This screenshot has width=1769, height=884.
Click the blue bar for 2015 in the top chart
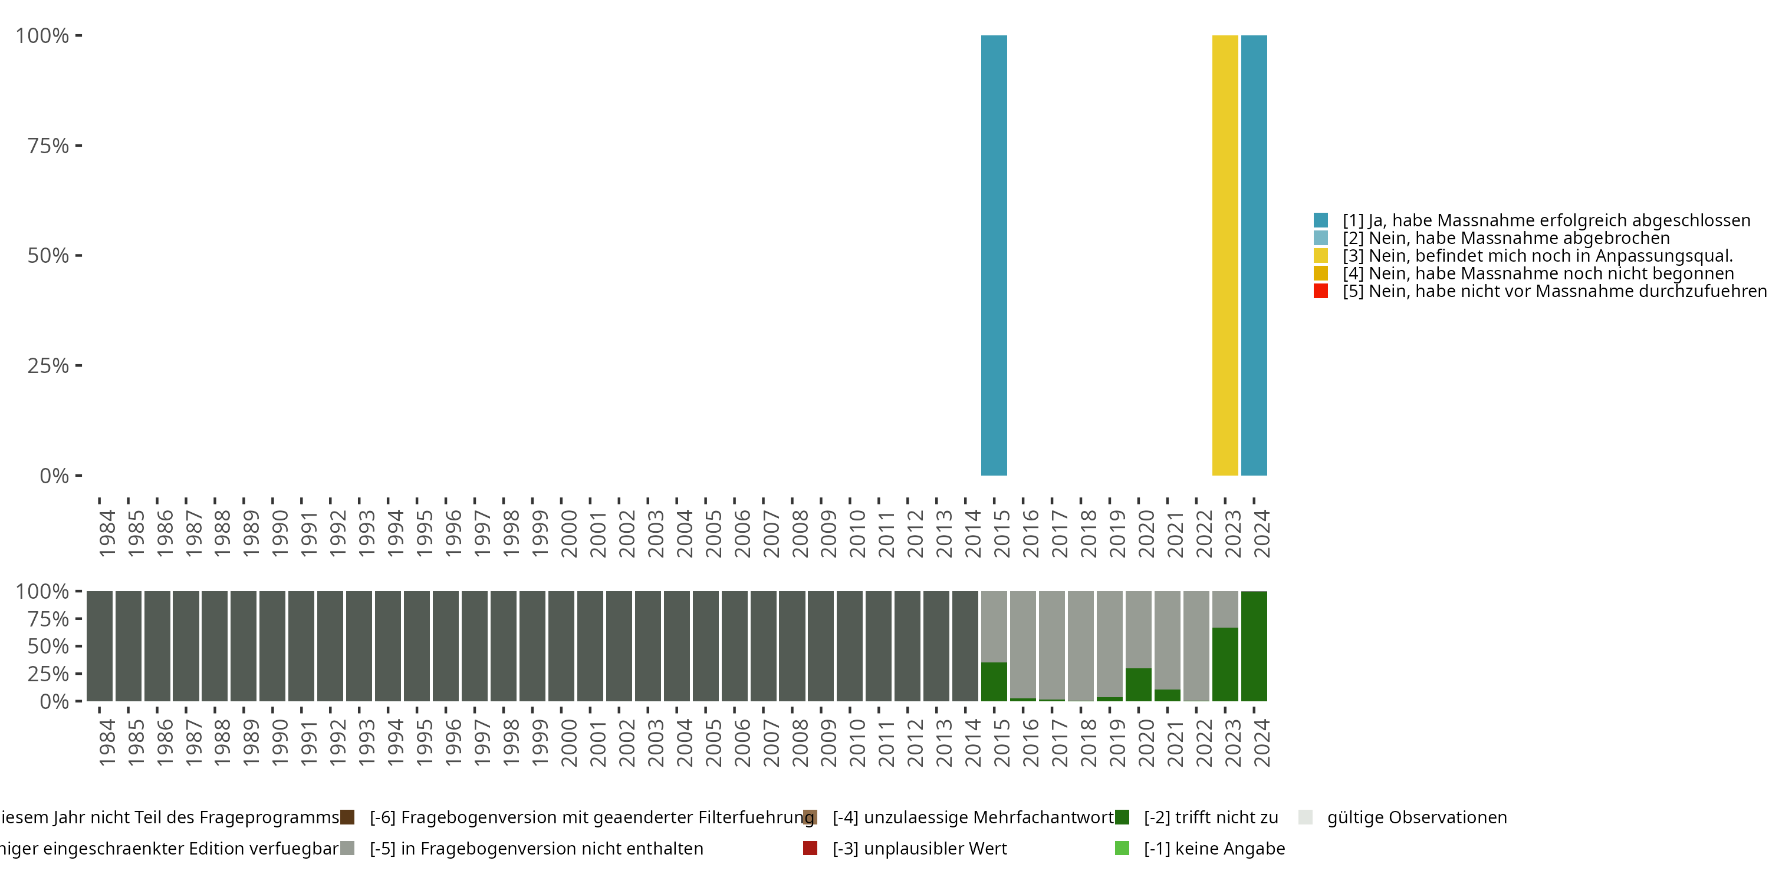coord(994,255)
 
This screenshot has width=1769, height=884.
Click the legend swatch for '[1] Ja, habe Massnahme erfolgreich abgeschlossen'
coord(1321,220)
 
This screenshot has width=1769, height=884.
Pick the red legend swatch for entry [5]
coord(1321,291)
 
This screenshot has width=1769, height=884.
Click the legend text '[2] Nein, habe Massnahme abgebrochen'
coord(1505,238)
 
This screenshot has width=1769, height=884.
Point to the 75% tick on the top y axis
coord(78,146)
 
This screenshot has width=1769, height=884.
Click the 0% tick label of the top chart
coord(54,476)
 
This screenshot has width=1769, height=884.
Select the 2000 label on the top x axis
coord(569,533)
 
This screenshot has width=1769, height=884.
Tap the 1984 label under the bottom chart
coord(107,743)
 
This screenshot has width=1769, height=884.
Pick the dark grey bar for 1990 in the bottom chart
coord(272,646)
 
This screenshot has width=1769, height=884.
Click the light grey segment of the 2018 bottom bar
coord(1080,645)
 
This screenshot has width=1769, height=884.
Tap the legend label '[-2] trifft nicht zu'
coord(1211,817)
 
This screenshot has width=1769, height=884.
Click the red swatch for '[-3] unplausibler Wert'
coord(810,848)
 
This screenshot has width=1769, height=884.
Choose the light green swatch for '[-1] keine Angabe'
coord(1122,848)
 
